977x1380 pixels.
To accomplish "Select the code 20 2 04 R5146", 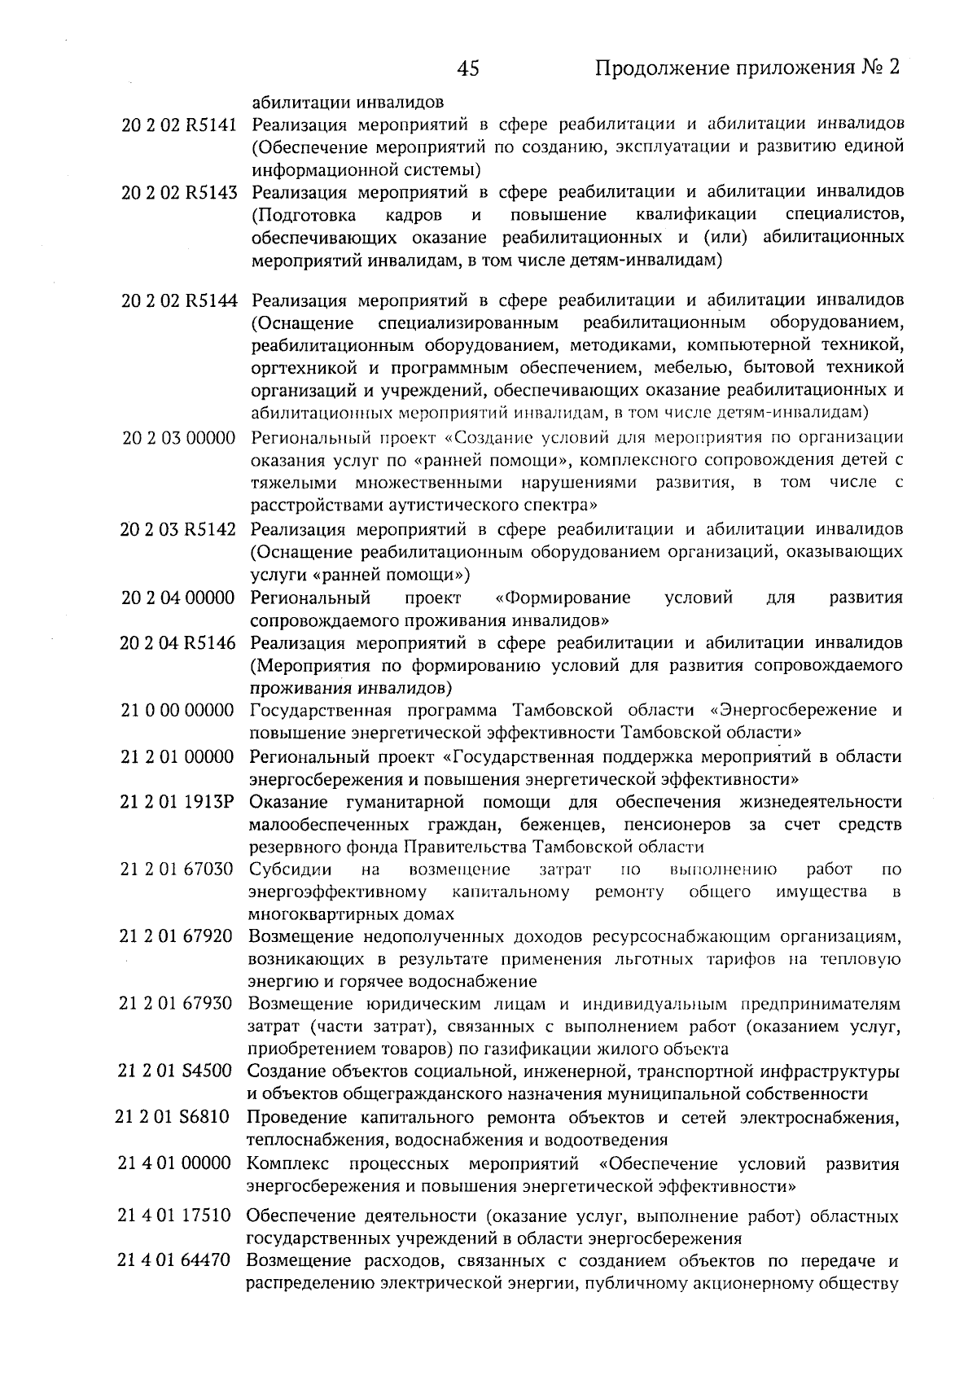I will pos(178,643).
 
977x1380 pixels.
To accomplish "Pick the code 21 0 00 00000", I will pos(177,710).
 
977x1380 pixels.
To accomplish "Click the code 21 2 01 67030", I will pos(177,870).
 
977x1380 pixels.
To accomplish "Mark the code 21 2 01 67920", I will pos(177,936).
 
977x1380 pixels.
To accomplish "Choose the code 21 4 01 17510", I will pos(174,1216).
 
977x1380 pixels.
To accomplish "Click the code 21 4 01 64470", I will pos(174,1262).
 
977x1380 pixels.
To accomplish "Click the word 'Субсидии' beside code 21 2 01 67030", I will pos(283,870).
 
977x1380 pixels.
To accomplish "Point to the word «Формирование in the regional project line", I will pos(563,598).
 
